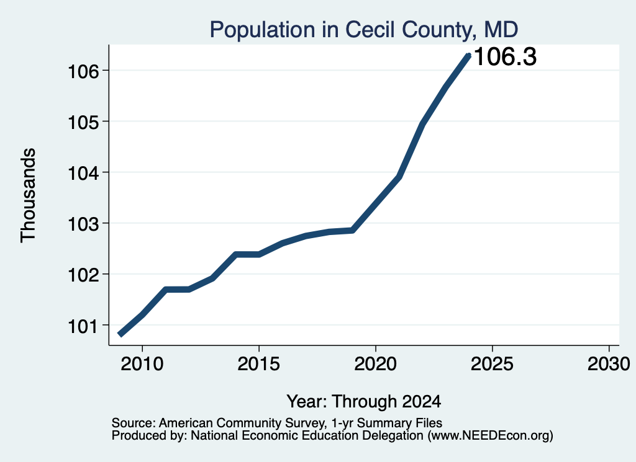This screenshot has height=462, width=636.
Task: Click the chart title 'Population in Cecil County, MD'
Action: point(364,30)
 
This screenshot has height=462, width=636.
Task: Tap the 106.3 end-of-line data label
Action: point(505,56)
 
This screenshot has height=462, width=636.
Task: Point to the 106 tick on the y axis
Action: point(84,72)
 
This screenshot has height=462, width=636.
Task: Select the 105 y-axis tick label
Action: point(84,122)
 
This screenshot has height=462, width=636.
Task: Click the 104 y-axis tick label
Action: point(84,173)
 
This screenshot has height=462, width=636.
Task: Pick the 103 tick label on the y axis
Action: point(84,224)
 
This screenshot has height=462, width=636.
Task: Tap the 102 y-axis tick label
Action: point(84,275)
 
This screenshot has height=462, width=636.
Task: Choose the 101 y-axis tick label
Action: point(84,326)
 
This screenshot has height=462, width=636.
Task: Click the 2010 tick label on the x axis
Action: point(142,364)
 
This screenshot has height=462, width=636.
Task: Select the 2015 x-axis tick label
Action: point(259,364)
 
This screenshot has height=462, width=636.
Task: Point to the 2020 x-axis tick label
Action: point(376,364)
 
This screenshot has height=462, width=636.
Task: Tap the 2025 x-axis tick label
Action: point(492,364)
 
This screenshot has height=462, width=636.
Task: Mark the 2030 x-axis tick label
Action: point(609,364)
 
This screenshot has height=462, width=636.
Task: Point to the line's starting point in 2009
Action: point(120,334)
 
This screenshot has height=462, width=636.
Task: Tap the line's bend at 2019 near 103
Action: point(353,231)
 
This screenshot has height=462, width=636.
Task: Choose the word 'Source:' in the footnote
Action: point(134,423)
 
